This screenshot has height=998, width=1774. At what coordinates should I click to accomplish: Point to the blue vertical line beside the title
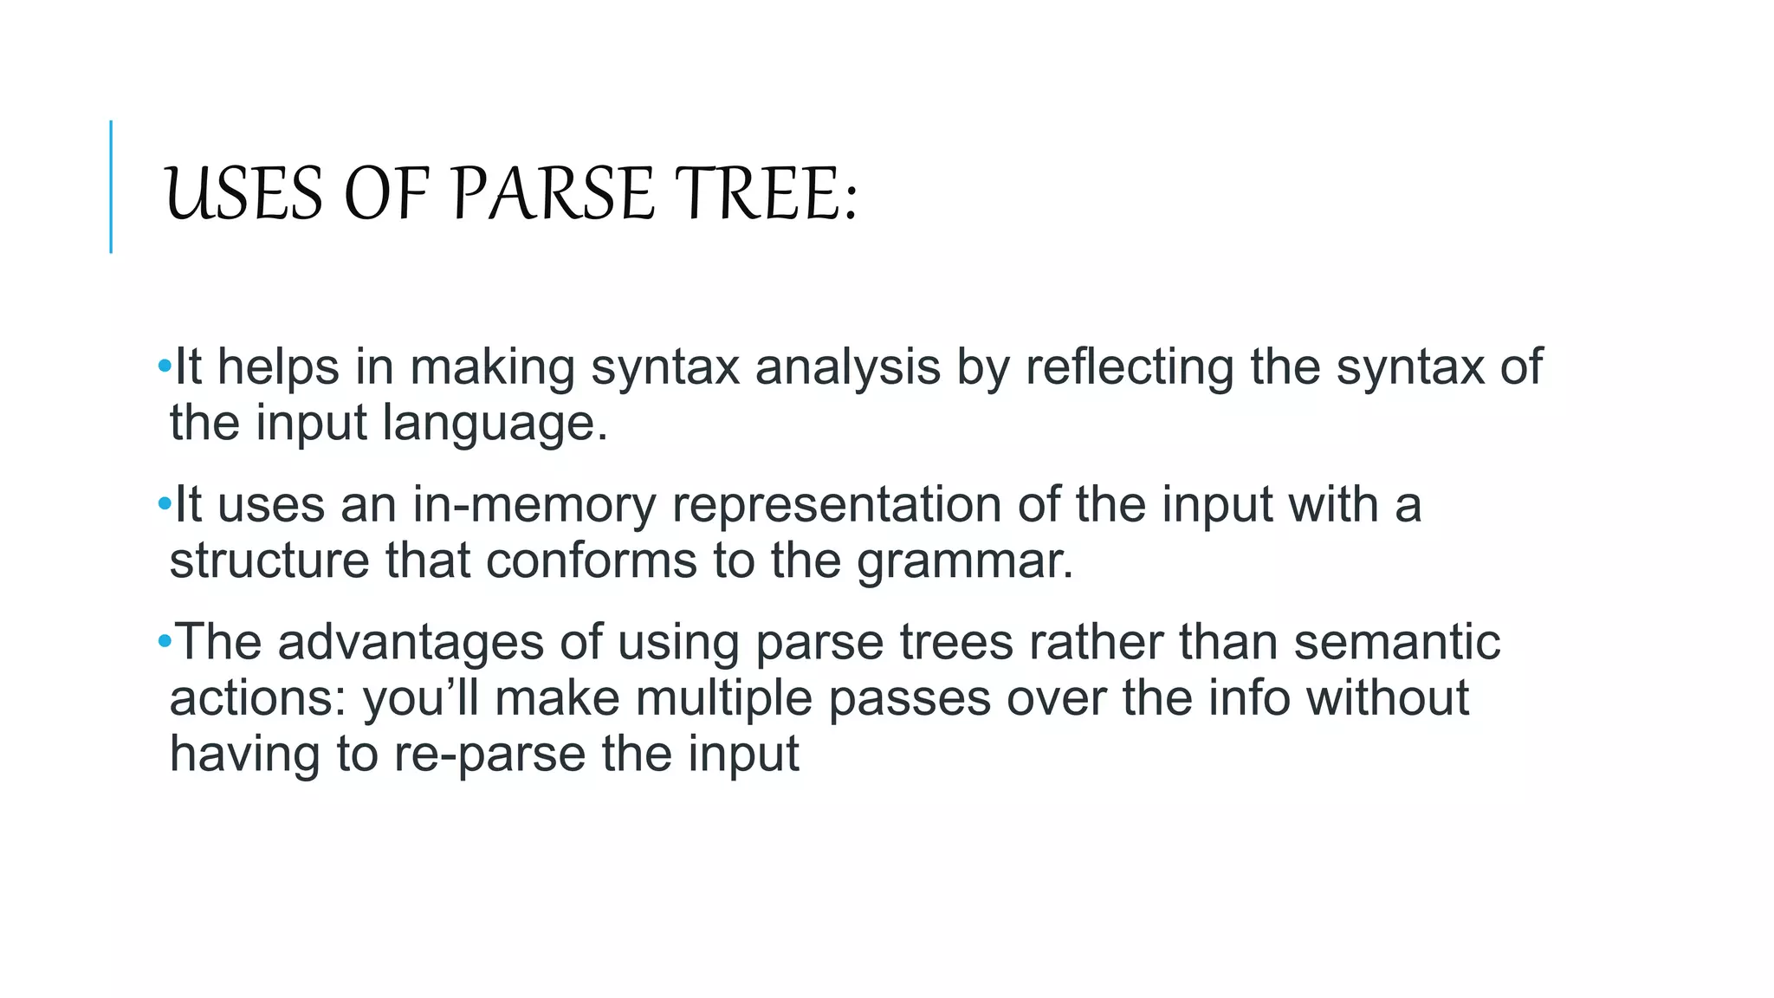point(111,186)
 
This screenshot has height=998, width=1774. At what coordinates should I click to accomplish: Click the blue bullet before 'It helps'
point(165,366)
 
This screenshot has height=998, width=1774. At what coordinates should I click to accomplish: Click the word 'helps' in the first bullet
point(278,366)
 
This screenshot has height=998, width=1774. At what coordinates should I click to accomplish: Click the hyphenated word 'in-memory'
point(534,505)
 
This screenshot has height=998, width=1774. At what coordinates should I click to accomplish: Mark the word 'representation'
point(837,505)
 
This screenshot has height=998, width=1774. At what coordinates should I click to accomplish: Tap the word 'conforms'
point(592,561)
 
